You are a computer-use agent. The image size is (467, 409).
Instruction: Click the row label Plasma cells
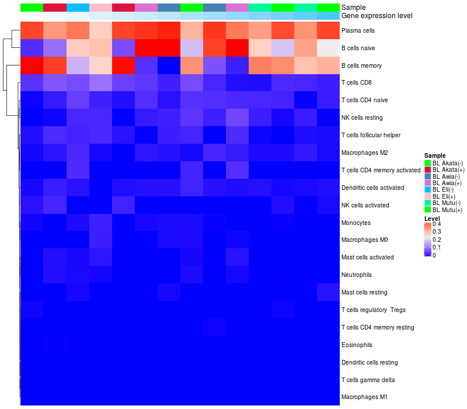(x=358, y=30)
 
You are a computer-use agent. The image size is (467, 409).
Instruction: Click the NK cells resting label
(x=362, y=117)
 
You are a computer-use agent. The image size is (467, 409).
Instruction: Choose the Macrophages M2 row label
(x=364, y=152)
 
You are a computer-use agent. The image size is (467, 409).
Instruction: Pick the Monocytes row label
(x=356, y=223)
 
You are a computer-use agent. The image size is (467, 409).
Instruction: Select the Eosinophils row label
(x=357, y=345)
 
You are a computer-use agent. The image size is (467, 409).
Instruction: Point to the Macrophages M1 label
(x=364, y=397)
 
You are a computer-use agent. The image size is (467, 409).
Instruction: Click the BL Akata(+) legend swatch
(x=427, y=169)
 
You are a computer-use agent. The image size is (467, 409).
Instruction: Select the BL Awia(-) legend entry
(x=447, y=176)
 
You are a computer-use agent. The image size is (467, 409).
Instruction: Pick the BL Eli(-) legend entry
(x=445, y=189)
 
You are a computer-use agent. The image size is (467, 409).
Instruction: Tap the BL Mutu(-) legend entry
(x=447, y=203)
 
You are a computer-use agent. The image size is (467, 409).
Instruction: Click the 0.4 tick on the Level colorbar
(x=437, y=224)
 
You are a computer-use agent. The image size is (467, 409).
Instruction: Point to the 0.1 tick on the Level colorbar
(x=437, y=247)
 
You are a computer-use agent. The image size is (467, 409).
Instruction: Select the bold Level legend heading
(x=432, y=219)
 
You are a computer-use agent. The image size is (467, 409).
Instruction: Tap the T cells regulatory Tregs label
(x=374, y=310)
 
